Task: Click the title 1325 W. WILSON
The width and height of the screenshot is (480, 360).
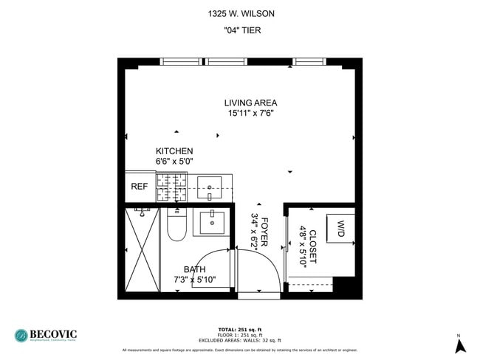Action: click(239, 13)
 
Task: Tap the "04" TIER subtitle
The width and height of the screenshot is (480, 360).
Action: click(239, 30)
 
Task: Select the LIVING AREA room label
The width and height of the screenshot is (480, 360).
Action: click(250, 103)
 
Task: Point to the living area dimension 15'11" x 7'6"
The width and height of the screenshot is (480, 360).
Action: click(250, 113)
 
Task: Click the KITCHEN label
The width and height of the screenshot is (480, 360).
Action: click(174, 151)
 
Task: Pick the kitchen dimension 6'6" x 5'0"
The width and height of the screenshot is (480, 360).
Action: click(174, 161)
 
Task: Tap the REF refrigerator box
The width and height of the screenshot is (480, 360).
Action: click(140, 187)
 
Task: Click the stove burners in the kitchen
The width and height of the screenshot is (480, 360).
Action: click(171, 187)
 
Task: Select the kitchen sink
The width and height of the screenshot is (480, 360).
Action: click(210, 187)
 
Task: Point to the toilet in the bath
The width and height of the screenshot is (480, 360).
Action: click(176, 226)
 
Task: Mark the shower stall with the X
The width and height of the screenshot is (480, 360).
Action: click(142, 251)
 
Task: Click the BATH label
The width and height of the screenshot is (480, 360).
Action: click(195, 269)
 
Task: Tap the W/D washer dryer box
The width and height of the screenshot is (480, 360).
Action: click(341, 229)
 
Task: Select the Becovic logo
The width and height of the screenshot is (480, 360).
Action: click(48, 336)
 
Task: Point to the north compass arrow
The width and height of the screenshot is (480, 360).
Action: click(459, 345)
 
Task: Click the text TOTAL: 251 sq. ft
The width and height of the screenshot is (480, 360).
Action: click(240, 329)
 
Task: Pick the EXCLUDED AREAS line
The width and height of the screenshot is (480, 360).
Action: click(240, 339)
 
